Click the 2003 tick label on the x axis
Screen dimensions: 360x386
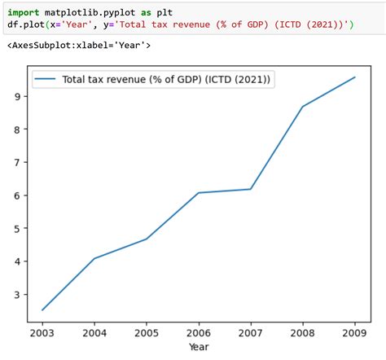42,332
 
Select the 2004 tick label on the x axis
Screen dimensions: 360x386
94,332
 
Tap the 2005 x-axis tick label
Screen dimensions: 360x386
147,332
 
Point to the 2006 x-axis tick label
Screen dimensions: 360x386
199,332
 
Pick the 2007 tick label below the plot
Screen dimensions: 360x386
251,332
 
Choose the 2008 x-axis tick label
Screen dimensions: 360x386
303,332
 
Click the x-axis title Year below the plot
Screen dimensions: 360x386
199,347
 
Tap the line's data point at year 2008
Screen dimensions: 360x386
303,107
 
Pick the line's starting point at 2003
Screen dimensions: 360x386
42,310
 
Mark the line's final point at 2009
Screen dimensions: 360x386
355,77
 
